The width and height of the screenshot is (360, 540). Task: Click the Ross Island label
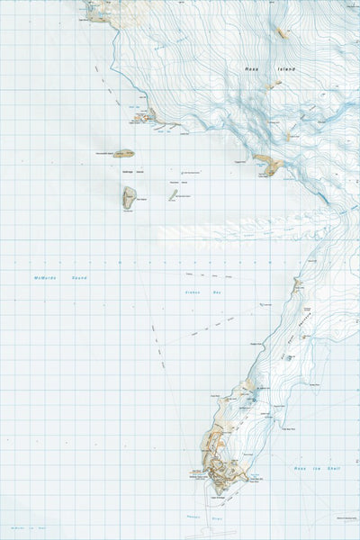(259, 68)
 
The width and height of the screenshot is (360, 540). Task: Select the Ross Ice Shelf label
(315, 470)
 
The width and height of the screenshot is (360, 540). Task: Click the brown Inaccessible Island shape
(124, 154)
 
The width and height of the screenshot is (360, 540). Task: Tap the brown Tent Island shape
(129, 196)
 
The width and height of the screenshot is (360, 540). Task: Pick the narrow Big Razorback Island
(171, 193)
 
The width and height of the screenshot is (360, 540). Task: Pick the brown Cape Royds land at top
(99, 10)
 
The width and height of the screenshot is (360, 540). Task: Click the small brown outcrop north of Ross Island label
(282, 33)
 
